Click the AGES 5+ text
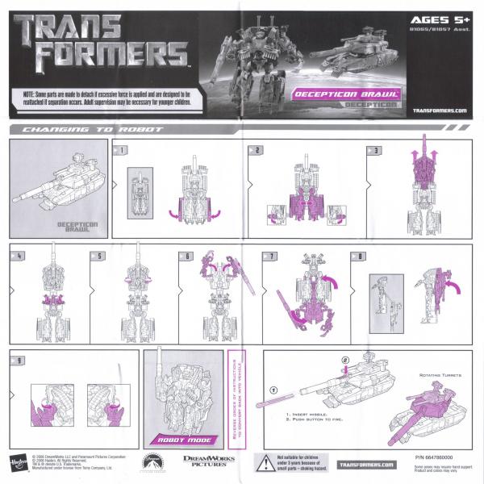435,21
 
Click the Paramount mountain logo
150,462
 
